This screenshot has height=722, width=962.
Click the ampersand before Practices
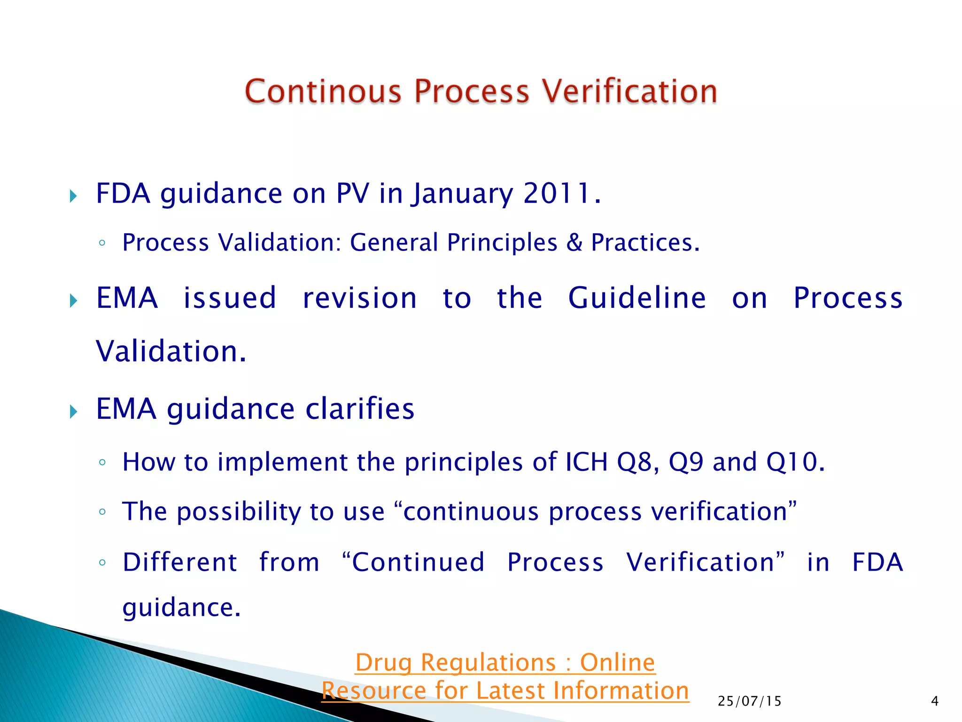click(574, 243)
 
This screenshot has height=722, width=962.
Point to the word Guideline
click(637, 298)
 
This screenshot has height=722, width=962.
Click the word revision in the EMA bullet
click(360, 298)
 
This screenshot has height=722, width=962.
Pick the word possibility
click(239, 511)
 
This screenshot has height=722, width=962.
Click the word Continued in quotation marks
click(418, 562)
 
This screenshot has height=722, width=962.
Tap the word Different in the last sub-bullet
click(180, 562)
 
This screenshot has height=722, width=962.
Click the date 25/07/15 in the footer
click(749, 701)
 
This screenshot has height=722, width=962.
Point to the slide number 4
click(934, 701)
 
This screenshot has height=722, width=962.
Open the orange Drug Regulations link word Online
click(617, 663)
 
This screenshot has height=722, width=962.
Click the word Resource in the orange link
click(374, 691)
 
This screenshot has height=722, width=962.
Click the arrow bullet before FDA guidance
click(73, 196)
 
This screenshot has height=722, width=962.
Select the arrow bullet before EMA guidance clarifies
click(73, 412)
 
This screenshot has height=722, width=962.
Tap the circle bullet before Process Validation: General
click(102, 243)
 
